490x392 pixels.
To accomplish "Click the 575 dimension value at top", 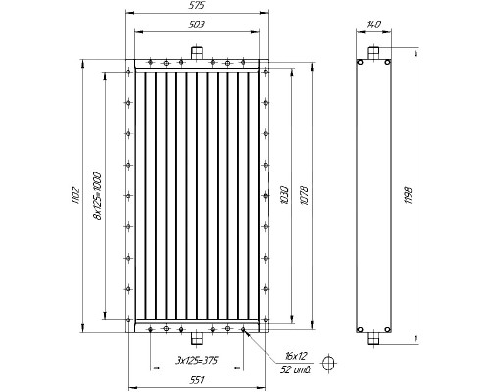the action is click(197, 5).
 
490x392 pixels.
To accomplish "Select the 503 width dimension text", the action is click(197, 24).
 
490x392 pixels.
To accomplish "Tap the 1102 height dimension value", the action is click(75, 195).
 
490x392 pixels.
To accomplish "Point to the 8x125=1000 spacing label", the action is click(97, 195).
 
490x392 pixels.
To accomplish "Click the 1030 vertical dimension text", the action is click(284, 195).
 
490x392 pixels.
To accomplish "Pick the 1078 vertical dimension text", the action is click(304, 195).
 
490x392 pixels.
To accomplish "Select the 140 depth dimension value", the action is click(373, 24).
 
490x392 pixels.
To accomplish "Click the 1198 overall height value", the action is click(409, 195).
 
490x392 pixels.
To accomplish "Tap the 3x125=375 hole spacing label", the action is click(197, 361).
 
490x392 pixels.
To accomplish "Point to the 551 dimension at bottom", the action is click(197, 380).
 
